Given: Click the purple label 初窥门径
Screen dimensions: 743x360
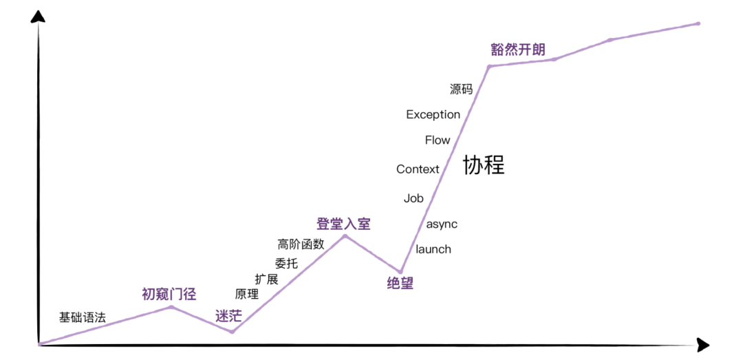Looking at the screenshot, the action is coord(169,295).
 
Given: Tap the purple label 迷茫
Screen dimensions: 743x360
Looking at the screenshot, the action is coord(228,317).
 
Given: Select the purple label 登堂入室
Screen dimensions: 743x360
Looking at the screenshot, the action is coord(343,224).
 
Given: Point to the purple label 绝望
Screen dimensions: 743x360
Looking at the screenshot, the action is coord(400,284).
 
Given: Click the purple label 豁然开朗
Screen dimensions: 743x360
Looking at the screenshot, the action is coord(518,50).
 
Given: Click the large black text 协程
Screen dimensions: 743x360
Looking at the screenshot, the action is coord(484,165).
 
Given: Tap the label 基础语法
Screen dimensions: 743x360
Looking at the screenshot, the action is coord(83,317).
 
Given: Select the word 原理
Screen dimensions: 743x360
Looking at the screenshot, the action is coord(247,295).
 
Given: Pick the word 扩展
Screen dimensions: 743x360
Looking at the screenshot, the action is coord(266,279).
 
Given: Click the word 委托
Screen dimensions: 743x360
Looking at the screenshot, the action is coord(286,263).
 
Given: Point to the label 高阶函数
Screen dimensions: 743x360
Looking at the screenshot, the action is coord(301,244).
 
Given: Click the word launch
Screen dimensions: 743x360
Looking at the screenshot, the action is coord(433,249).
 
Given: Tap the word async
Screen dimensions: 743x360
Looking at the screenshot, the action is coord(442,224).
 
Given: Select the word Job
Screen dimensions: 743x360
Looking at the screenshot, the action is coord(413,198).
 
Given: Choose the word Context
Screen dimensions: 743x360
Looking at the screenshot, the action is coord(418,169).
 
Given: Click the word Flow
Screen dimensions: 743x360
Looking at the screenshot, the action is coord(438,140).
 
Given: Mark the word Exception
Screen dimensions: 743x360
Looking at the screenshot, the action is coord(433,114).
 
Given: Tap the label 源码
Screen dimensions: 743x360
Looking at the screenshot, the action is coord(461,89).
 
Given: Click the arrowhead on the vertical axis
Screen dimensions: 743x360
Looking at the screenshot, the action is coord(39,16).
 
